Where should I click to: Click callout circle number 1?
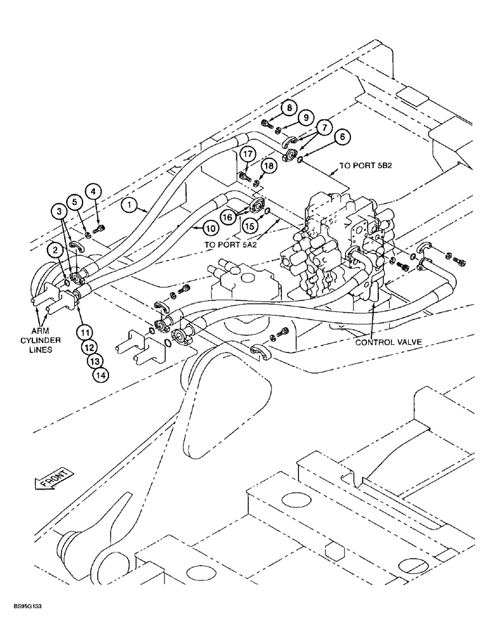pos(129,205)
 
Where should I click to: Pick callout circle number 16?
pos(228,217)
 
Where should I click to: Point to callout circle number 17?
pos(246,153)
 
